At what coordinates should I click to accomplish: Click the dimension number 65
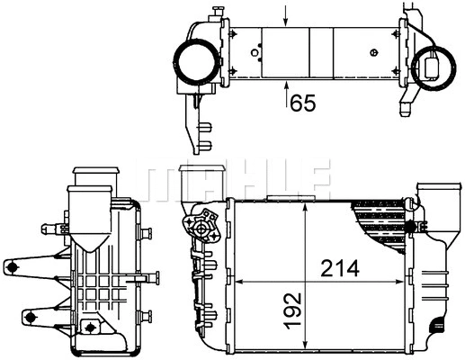point(302,103)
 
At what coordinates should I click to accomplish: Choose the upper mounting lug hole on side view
point(13,265)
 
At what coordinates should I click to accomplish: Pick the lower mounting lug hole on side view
point(29,317)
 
